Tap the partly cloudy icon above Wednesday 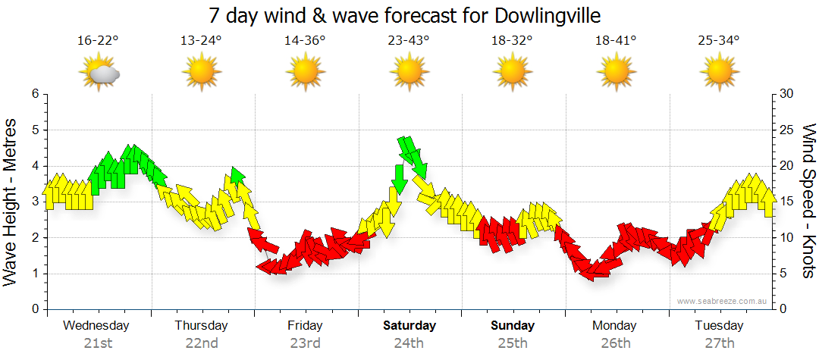pos(99,74)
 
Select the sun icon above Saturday pos(408,74)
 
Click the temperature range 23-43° pos(408,40)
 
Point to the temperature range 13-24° pos(201,40)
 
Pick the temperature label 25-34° pos(719,40)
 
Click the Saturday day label pos(409,326)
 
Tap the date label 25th pos(513,343)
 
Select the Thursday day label pos(201,326)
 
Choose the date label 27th pos(719,343)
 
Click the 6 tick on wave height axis pos(34,94)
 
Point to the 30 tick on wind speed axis pos(787,94)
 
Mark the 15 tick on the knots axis pos(787,202)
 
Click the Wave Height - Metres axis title pos(11,202)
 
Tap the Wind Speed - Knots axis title pos(808,202)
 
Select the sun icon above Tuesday pos(719,74)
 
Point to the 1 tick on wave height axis pos(34,274)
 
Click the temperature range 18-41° pos(616,40)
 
